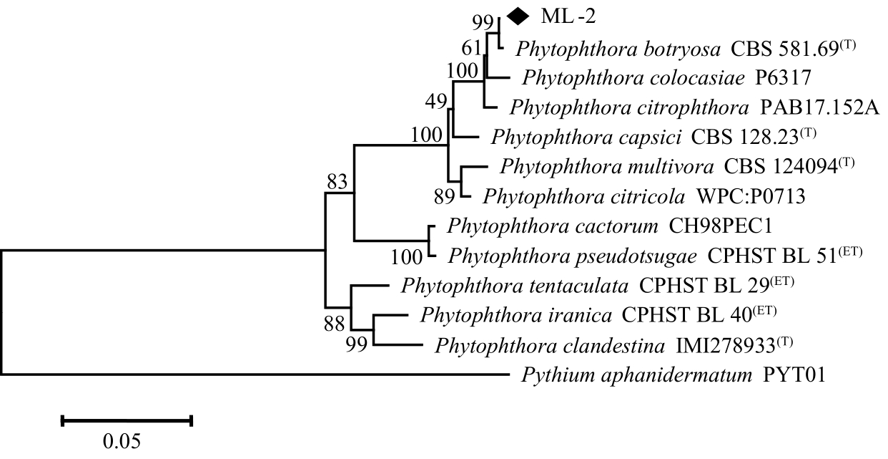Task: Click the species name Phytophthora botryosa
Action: click(x=618, y=50)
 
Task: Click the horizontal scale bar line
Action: click(x=127, y=420)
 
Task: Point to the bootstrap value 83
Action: click(x=340, y=183)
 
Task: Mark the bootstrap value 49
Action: click(x=435, y=102)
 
